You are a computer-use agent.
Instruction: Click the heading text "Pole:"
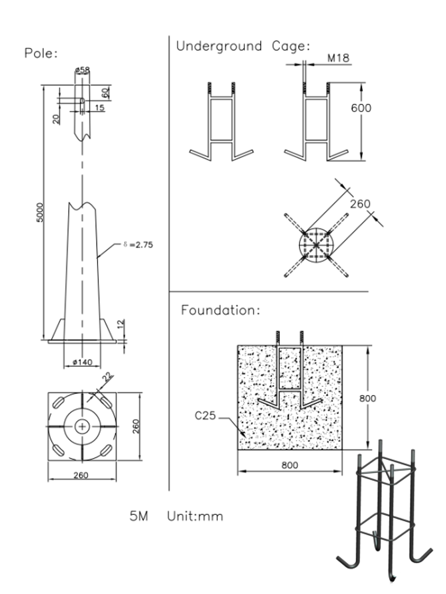[41, 53]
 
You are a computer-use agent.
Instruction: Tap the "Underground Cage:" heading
[243, 46]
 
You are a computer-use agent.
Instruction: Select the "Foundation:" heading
[220, 310]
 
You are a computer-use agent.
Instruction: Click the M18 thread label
[338, 59]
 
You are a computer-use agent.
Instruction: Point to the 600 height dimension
[361, 108]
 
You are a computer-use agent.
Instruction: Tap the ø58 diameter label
[83, 70]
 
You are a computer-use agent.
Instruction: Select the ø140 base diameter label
[83, 363]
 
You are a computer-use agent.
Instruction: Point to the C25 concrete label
[205, 415]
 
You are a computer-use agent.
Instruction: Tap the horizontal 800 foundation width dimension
[289, 465]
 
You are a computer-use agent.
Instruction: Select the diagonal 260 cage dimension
[360, 204]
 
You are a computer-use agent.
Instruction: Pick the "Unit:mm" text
[195, 517]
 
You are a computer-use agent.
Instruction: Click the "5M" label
[139, 517]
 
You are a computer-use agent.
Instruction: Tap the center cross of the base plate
[83, 427]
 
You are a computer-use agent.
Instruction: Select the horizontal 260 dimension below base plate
[81, 475]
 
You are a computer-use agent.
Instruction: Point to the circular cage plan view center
[316, 245]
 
